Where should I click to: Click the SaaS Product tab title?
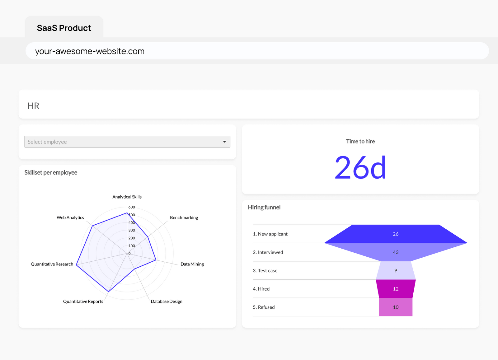64,28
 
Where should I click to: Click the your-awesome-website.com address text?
90,51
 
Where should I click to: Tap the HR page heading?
33,106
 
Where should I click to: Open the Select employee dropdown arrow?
224,142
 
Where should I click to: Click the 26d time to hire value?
360,168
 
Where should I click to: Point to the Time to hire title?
360,141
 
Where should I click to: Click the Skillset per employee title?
51,172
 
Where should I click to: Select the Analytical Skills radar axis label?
127,197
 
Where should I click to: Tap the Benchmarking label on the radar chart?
184,217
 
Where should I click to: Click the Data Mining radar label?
192,264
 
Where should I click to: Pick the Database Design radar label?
167,302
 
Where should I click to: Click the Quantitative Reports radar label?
83,302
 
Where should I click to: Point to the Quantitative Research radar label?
52,264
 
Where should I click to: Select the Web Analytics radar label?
70,217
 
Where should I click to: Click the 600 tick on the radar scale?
132,207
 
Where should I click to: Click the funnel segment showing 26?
396,234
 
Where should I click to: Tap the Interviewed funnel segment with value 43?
396,252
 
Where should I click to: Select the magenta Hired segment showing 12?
396,289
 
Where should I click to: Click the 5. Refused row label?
264,307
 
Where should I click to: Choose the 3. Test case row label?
265,271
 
